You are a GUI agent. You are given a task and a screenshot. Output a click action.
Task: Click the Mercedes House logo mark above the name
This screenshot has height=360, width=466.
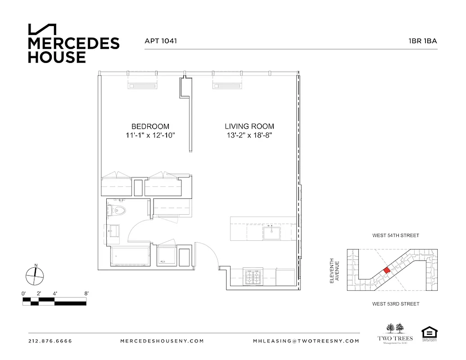[42, 29]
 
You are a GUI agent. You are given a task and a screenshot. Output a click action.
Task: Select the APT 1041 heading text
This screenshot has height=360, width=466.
[160, 40]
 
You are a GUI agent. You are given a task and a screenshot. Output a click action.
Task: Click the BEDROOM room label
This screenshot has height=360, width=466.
[150, 126]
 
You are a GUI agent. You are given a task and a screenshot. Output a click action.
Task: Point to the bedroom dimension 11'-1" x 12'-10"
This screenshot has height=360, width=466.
[150, 135]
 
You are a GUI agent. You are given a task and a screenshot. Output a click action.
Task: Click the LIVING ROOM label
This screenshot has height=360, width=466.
[249, 126]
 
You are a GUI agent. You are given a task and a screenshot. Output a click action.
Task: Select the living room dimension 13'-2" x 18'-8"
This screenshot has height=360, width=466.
[249, 135]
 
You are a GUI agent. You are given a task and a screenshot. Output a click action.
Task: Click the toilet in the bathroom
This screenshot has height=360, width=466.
[118, 210]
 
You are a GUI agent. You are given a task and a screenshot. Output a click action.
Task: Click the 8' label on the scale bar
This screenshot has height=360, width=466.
[86, 293]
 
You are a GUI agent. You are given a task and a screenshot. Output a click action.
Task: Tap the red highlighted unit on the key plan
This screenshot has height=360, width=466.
[386, 270]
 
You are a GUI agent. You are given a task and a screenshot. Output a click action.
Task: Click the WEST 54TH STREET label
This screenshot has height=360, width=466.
[395, 235]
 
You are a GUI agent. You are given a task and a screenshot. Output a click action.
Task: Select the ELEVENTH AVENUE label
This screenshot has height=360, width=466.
[334, 270]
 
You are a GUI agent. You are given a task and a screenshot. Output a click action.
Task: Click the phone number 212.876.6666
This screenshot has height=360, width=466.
[50, 341]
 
